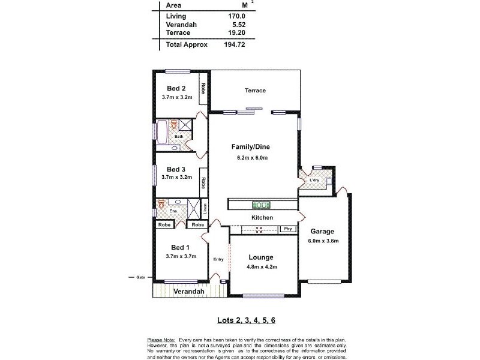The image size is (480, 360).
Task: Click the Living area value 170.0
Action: pyautogui.click(x=235, y=16)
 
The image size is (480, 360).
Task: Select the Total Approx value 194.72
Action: pyautogui.click(x=233, y=44)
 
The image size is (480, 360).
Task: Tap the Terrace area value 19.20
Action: pyautogui.click(x=235, y=33)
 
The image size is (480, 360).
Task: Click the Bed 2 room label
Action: pyautogui.click(x=176, y=88)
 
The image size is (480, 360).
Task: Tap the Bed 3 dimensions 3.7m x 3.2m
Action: pyautogui.click(x=176, y=177)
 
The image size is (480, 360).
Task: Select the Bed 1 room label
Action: pyautogui.click(x=180, y=248)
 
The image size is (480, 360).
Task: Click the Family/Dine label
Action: pyautogui.click(x=251, y=146)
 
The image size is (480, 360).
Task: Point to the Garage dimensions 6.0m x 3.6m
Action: pyautogui.click(x=323, y=241)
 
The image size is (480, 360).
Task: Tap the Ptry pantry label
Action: pyautogui.click(x=288, y=229)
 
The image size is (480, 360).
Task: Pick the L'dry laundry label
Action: pyautogui.click(x=314, y=181)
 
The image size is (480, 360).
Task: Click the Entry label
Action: pyautogui.click(x=218, y=259)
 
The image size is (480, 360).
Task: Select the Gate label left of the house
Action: pyautogui.click(x=141, y=277)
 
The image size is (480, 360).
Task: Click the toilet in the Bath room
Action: pyautogui.click(x=173, y=125)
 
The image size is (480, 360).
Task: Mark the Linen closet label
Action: pyautogui.click(x=205, y=209)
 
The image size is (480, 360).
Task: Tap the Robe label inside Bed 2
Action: pyautogui.click(x=203, y=89)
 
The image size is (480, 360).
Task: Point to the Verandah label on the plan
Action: pyautogui.click(x=189, y=292)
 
